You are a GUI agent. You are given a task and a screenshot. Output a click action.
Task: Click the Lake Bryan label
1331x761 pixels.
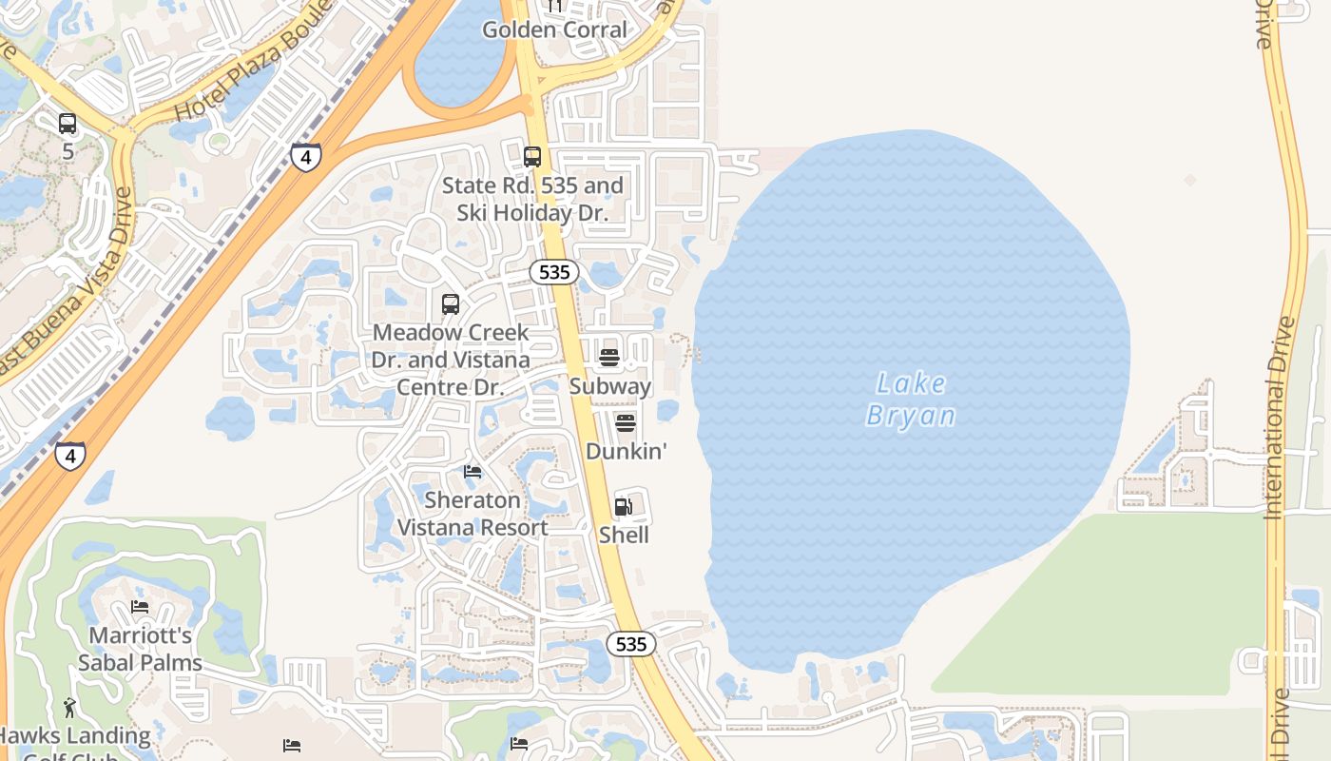(911, 400)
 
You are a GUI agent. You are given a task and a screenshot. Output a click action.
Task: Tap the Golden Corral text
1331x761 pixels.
(555, 29)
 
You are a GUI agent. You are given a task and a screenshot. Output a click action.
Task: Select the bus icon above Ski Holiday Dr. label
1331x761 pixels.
(532, 157)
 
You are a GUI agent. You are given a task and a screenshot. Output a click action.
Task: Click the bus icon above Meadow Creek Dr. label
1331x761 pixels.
(451, 304)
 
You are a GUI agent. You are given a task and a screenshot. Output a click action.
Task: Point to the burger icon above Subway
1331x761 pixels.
(609, 358)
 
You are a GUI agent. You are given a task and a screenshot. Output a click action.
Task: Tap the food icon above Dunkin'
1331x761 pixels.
(625, 422)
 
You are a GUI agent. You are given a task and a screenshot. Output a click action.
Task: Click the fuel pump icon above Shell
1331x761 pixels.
(624, 506)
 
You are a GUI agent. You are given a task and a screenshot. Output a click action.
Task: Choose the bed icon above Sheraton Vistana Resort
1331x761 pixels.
(473, 472)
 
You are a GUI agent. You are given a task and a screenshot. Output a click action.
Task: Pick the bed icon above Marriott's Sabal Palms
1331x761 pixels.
(140, 607)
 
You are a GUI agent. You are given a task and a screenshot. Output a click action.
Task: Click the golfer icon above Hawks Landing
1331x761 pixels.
(69, 708)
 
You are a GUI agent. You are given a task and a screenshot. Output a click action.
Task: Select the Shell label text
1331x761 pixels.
(624, 536)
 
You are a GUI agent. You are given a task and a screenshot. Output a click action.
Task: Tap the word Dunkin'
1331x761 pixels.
(626, 452)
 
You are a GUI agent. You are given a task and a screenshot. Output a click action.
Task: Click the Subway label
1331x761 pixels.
(609, 386)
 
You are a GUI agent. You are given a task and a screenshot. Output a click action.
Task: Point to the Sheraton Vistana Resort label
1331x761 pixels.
(473, 514)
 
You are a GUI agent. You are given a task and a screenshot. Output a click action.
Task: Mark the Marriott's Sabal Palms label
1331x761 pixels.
(141, 649)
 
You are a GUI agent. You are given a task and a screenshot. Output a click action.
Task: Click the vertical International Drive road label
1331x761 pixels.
(1281, 419)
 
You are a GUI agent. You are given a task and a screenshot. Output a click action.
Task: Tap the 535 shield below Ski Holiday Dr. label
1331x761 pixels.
(553, 273)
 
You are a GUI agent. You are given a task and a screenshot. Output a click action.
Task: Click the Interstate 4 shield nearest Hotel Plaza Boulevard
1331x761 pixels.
(305, 157)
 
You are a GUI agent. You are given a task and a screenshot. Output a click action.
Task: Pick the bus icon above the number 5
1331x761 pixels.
(68, 124)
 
